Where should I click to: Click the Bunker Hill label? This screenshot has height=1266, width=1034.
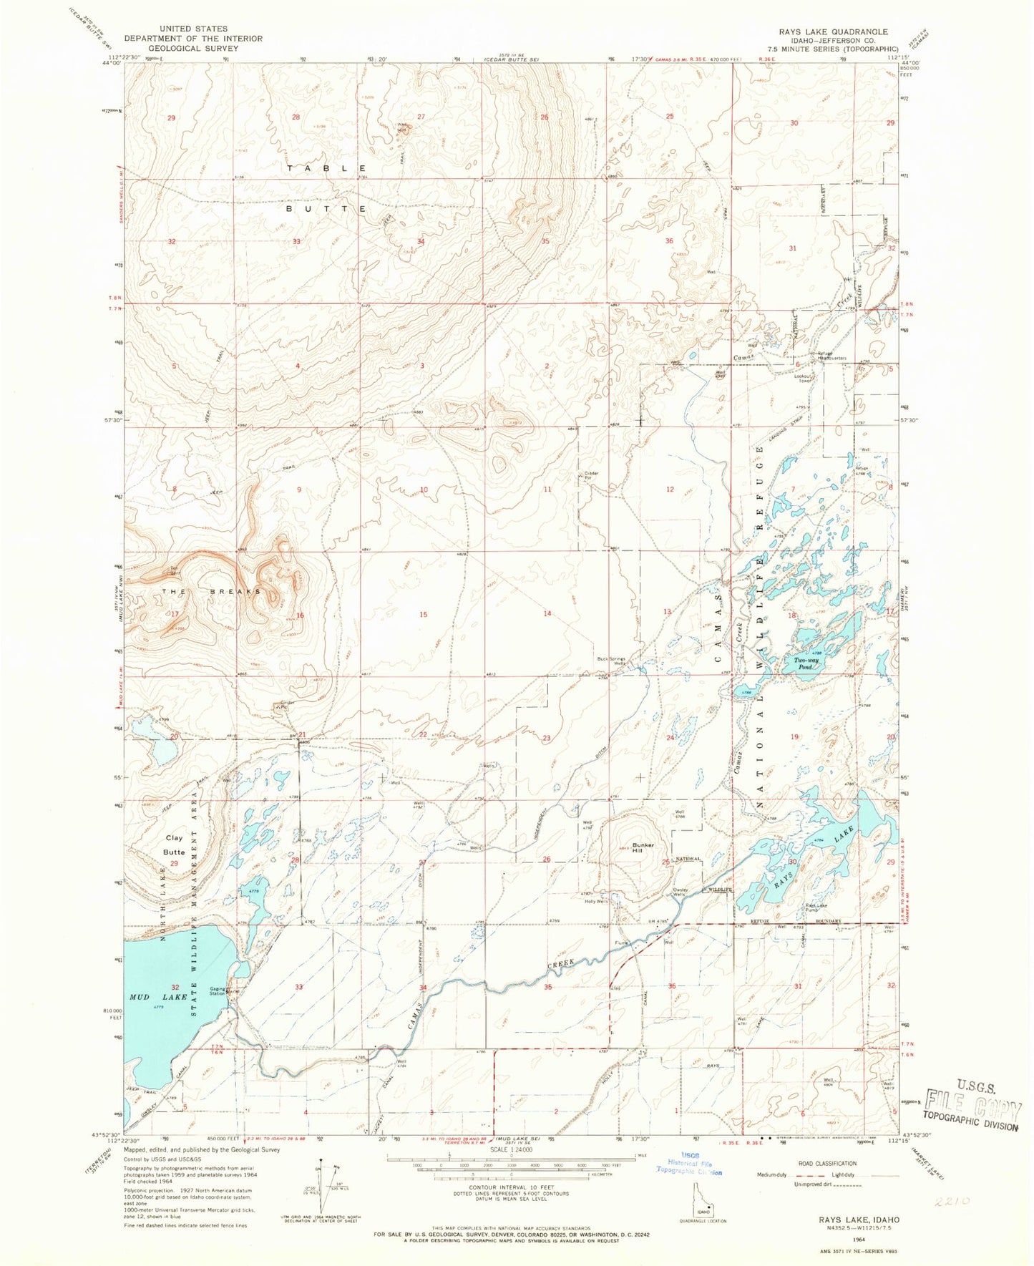(642, 847)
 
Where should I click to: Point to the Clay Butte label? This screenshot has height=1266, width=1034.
(175, 844)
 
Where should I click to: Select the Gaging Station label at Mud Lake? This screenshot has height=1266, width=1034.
(217, 991)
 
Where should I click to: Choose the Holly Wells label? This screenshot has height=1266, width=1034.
(596, 900)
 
